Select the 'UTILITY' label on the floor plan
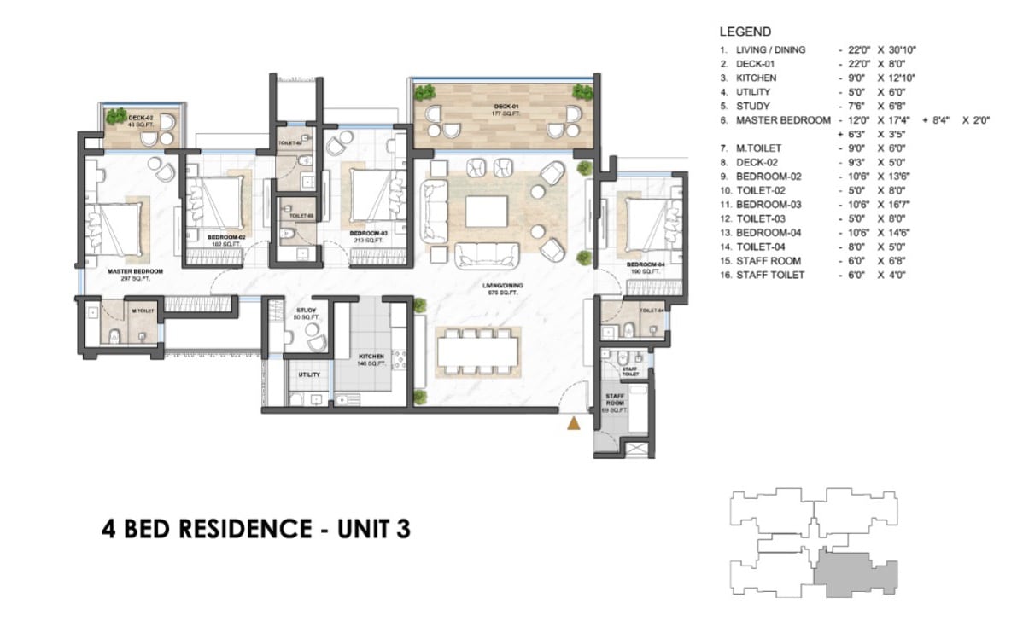(x=308, y=374)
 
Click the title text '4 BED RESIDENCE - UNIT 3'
(x=255, y=530)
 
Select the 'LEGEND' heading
(x=746, y=32)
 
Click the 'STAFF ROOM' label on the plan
(x=617, y=401)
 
